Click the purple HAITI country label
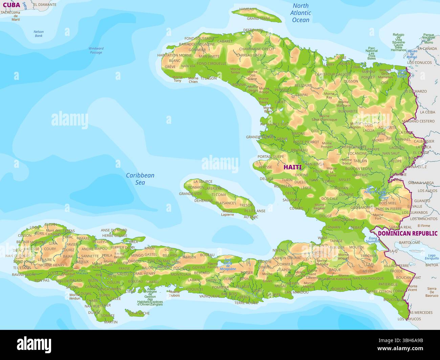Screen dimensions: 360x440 pyautogui.click(x=292, y=167)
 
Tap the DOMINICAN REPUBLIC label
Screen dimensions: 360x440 pyautogui.click(x=408, y=233)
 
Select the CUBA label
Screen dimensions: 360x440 pyautogui.click(x=12, y=5)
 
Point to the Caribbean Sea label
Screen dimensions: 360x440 pyautogui.click(x=140, y=179)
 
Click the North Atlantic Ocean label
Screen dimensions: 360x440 pyautogui.click(x=301, y=13)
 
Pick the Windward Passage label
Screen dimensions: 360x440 pyautogui.click(x=96, y=50)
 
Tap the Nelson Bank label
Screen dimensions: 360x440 pyautogui.click(x=39, y=33)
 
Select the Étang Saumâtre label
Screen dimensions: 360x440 pyautogui.click(x=373, y=240)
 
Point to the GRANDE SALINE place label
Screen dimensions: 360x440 pyautogui.click(x=260, y=137)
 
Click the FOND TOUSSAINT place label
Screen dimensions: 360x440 pyautogui.click(x=199, y=39)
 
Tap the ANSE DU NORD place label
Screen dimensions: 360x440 pyautogui.click(x=114, y=230)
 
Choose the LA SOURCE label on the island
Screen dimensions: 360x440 pyautogui.click(x=203, y=182)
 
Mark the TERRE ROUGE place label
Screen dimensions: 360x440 pyautogui.click(x=246, y=303)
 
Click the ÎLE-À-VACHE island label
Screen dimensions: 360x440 pyautogui.click(x=139, y=313)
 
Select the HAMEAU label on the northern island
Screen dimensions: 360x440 pyautogui.click(x=247, y=9)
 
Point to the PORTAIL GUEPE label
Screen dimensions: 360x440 pyautogui.click(x=271, y=157)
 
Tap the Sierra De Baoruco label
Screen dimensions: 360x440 pyautogui.click(x=432, y=292)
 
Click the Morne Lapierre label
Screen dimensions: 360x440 pyautogui.click(x=227, y=213)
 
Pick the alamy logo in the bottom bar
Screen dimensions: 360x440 pyautogui.click(x=34, y=344)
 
